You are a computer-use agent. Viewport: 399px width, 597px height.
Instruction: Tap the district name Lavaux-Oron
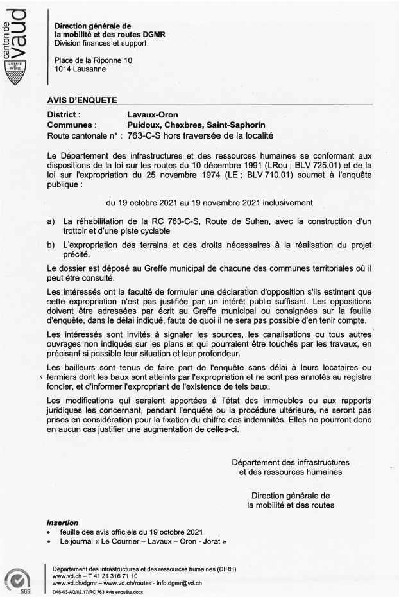coord(155,114)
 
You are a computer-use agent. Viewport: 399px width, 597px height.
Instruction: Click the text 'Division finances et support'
coord(100,43)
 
